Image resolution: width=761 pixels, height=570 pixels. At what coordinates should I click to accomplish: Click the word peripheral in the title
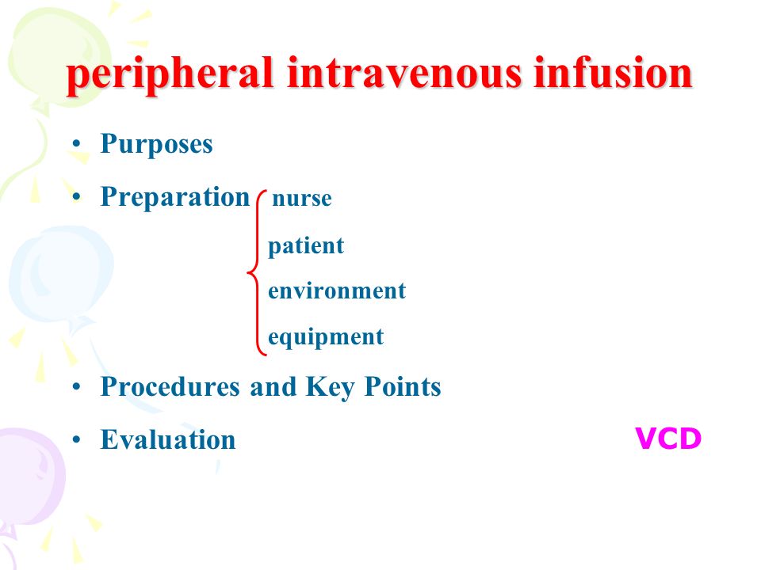(170, 75)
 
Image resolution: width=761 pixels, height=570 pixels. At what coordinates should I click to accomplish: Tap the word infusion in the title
(613, 73)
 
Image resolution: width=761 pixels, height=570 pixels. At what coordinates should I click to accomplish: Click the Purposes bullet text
(156, 144)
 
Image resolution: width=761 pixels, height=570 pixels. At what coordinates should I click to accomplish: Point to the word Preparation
(174, 197)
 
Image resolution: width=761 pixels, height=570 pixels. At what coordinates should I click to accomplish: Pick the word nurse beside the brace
(302, 198)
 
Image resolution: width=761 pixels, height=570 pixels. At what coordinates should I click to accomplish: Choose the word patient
(306, 245)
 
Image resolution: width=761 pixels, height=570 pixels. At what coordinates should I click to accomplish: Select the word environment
(337, 291)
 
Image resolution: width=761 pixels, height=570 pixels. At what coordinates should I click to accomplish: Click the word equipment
(326, 337)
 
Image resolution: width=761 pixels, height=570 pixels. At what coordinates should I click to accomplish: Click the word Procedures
(170, 387)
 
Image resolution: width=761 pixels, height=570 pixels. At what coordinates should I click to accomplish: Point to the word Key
(330, 388)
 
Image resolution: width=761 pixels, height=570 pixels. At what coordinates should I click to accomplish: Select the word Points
(403, 387)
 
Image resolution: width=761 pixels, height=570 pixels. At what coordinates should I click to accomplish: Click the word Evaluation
(168, 439)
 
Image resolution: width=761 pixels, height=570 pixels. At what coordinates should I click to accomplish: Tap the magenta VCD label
(668, 439)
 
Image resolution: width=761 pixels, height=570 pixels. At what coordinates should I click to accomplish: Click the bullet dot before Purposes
(76, 144)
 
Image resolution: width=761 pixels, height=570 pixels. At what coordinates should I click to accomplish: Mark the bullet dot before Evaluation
(76, 439)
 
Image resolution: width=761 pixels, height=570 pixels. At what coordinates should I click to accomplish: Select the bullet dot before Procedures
(76, 387)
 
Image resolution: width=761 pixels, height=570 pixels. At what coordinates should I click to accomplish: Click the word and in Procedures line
(273, 387)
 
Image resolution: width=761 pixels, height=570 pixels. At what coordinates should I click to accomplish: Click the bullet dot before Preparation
(76, 197)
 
